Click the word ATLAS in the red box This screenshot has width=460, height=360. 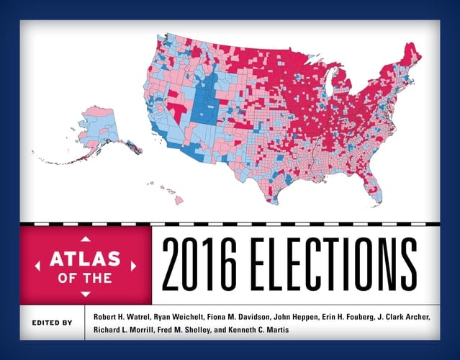pyautogui.click(x=86, y=256)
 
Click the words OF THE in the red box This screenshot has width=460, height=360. pyautogui.click(x=86, y=277)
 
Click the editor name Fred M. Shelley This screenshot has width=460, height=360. pyautogui.click(x=182, y=331)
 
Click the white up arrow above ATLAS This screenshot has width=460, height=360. pyautogui.click(x=86, y=238)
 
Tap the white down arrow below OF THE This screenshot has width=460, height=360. pyautogui.click(x=86, y=294)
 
